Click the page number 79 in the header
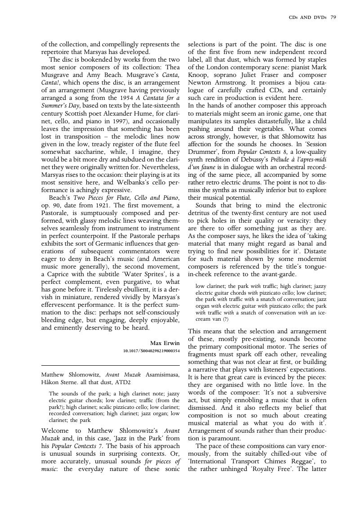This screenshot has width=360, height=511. (x=333, y=18)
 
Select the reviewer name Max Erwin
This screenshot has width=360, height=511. (x=165, y=343)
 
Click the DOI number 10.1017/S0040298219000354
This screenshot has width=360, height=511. (x=151, y=350)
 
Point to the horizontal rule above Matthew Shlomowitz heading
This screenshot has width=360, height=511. (x=110, y=365)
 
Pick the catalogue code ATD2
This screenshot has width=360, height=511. (x=123, y=382)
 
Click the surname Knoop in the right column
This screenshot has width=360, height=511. (x=197, y=75)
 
